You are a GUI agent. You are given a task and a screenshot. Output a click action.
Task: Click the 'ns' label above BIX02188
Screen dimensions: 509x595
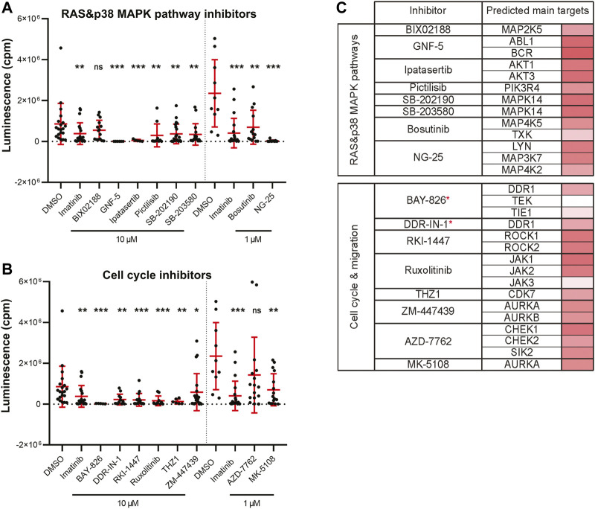click(97, 66)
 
